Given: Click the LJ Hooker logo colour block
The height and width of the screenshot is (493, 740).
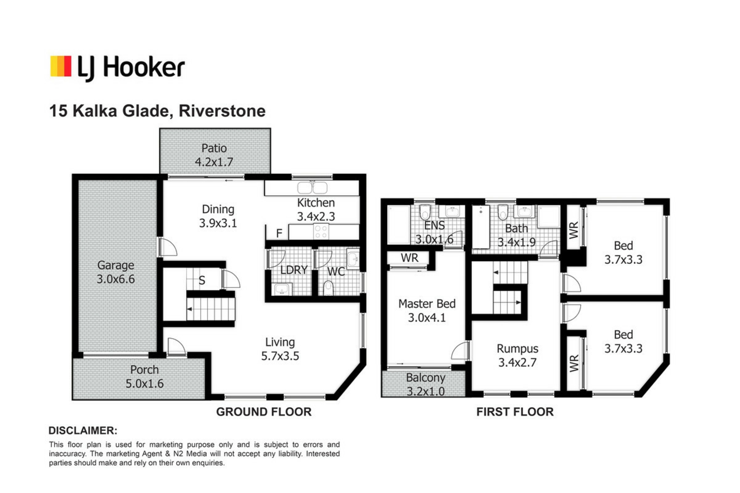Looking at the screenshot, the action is coord(61,66).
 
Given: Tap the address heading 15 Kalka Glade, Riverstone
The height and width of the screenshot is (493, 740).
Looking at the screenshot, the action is coord(157,111).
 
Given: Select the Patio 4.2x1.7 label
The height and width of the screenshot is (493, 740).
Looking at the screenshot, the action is coord(214,155).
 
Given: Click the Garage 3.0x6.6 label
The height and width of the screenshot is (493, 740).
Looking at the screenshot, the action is coord(116,272).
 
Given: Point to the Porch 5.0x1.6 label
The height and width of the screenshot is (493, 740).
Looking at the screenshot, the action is coord(145,376).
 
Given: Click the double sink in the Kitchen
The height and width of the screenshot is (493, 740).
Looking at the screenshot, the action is coord(312,188).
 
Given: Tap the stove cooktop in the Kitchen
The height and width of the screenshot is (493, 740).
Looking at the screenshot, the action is coord(321,231).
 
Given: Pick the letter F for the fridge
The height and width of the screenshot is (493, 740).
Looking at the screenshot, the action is coord(279,233).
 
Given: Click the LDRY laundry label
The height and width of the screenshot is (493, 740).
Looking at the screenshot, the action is coord(294,270).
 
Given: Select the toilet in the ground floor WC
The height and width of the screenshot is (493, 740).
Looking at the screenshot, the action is coord(328,288).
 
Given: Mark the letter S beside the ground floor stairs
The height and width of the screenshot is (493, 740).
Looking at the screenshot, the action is coord(202,280).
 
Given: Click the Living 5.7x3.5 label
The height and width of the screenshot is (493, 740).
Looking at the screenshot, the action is coord(280,349).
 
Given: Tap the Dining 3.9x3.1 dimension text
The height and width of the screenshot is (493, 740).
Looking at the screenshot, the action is coord(218,223).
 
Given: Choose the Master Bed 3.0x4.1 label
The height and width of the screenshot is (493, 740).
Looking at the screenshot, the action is coord(427,310).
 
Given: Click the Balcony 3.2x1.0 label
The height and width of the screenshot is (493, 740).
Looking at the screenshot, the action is coord(425,384).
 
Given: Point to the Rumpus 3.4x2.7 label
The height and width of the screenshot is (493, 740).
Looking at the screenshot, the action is coord(517,355).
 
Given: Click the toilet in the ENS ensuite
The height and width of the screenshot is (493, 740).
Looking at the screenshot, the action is coord(425,211).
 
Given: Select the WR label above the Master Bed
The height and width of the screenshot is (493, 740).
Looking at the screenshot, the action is coord(409,258).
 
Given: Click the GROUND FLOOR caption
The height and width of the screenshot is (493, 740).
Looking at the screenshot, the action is coord(264,412).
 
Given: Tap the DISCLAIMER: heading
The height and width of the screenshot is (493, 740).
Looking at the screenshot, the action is coord(83,431).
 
